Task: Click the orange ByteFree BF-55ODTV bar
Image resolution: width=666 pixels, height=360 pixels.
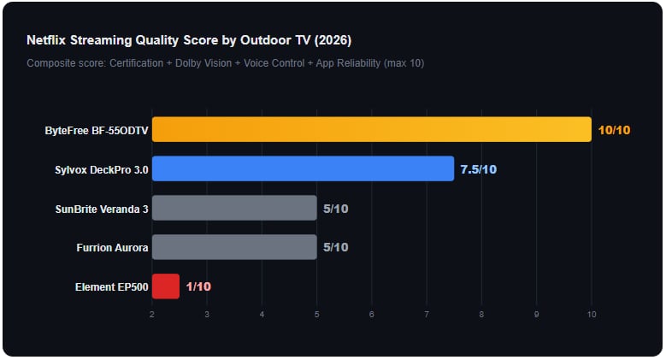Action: click(371, 129)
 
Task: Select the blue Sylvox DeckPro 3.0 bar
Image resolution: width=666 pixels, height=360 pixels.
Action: click(303, 168)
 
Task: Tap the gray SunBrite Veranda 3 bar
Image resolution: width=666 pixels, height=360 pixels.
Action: click(234, 208)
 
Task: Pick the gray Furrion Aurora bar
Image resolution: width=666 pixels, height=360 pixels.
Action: click(234, 247)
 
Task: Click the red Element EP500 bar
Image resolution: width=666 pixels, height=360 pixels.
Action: click(166, 286)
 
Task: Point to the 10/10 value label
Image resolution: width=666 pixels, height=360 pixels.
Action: click(615, 130)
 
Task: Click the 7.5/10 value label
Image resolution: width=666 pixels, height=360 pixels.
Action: click(478, 169)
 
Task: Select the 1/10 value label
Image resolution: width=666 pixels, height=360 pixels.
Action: click(197, 286)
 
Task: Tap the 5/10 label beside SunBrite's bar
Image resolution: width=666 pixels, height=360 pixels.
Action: click(335, 209)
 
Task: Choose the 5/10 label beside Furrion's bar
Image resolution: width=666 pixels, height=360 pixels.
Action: click(335, 248)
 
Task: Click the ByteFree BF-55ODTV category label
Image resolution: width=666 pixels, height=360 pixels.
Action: click(97, 130)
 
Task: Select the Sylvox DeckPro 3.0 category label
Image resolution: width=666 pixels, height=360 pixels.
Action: click(101, 169)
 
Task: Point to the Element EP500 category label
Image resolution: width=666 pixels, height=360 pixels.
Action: click(112, 287)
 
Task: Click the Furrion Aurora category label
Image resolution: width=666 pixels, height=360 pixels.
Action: click(112, 248)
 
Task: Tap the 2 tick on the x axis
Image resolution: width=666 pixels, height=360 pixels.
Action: click(152, 315)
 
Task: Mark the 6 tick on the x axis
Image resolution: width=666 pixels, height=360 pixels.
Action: click(372, 315)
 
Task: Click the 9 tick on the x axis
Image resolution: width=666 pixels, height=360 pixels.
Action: click(536, 315)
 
